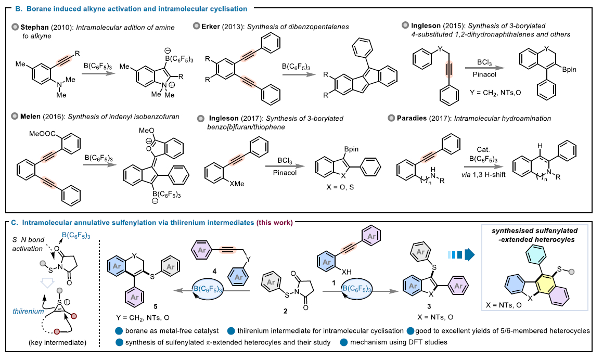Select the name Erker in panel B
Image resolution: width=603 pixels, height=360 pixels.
(213, 25)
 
